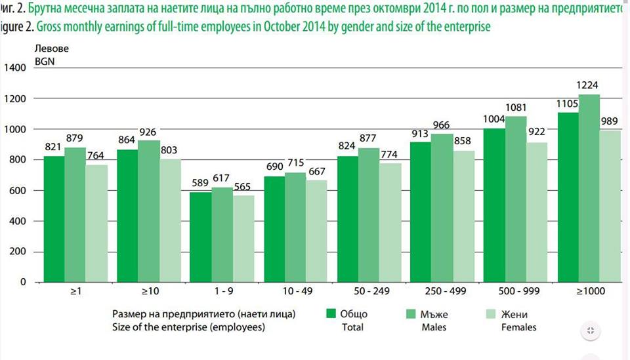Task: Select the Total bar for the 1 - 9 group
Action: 200,237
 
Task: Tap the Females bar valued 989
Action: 610,206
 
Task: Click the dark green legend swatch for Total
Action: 331,315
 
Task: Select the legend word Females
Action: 518,327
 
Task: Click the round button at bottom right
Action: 589,330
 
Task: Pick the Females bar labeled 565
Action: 243,239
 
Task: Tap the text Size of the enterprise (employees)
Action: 190,327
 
